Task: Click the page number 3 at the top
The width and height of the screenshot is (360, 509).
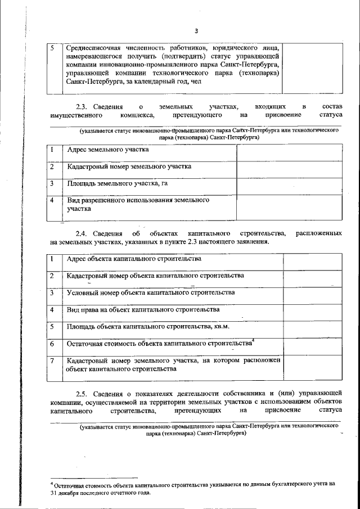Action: [x=196, y=30]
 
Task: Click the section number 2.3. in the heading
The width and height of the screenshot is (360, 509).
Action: [x=85, y=106]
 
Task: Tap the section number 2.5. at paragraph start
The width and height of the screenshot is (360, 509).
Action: [x=85, y=391]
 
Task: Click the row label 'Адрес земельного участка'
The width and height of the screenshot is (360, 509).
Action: [x=107, y=150]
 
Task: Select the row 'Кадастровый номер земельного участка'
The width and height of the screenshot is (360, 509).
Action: [x=129, y=166]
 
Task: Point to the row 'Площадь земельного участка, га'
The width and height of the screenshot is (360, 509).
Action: [x=117, y=183]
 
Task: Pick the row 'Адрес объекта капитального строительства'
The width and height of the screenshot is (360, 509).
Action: [x=133, y=259]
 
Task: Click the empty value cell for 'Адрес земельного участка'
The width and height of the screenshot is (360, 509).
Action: [x=289, y=152]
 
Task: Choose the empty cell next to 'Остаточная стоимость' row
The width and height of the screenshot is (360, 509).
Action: [x=312, y=344]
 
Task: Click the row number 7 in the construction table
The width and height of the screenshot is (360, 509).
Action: [x=52, y=361]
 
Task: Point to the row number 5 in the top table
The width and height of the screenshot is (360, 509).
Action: [x=52, y=48]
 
